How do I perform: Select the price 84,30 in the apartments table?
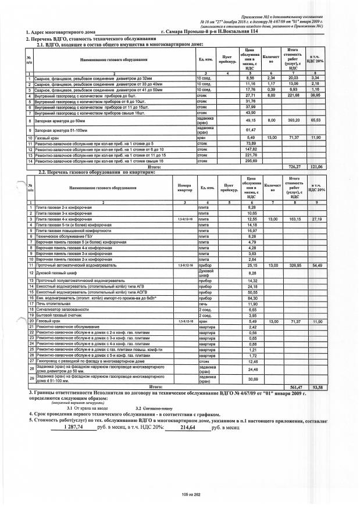click(252, 298)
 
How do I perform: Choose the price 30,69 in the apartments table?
click(252, 379)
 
